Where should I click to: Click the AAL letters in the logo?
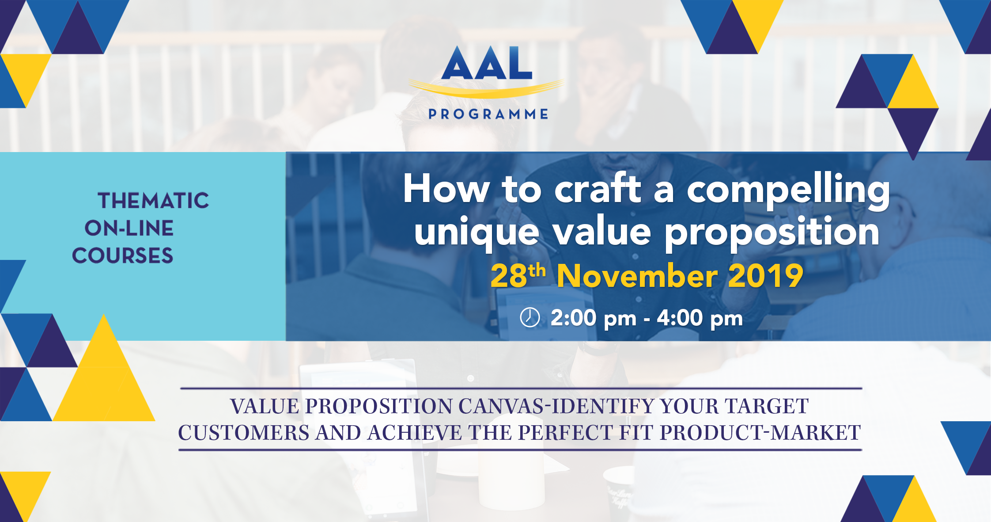[x=487, y=63]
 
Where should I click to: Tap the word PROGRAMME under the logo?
[x=488, y=114]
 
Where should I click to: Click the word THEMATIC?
[x=153, y=201]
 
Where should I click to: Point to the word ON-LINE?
[x=129, y=228]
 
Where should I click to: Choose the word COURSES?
[x=122, y=255]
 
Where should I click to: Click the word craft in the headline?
[x=598, y=189]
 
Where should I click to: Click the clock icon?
[x=530, y=317]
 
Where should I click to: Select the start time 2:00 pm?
[x=594, y=318]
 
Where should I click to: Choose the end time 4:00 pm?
[x=700, y=318]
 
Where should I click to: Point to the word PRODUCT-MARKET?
[x=760, y=433]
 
